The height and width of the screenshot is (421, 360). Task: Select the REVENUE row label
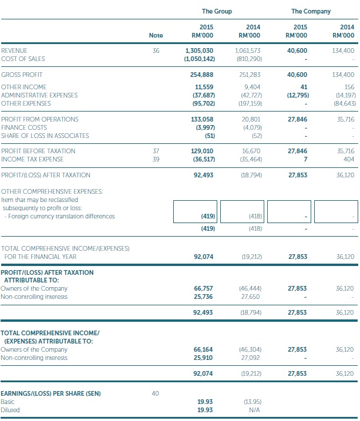(15, 51)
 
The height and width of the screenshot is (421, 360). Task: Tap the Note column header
(156, 35)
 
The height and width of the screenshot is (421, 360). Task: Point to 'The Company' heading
(311, 11)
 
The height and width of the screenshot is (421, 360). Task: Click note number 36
(156, 51)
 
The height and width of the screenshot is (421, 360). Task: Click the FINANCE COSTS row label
(23, 127)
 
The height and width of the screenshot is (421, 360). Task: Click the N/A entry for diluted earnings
(255, 409)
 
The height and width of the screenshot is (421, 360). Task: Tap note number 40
(156, 393)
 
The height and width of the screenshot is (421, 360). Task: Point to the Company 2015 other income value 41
(304, 87)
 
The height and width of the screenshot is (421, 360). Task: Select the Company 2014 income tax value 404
(348, 159)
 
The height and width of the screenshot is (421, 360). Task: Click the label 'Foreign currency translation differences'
(60, 216)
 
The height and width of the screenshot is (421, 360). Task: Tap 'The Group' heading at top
(217, 11)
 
